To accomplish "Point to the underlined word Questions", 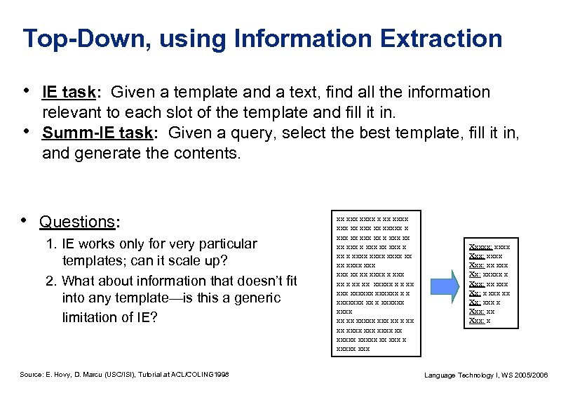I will (77, 222).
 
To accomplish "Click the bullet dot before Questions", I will (26, 221).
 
